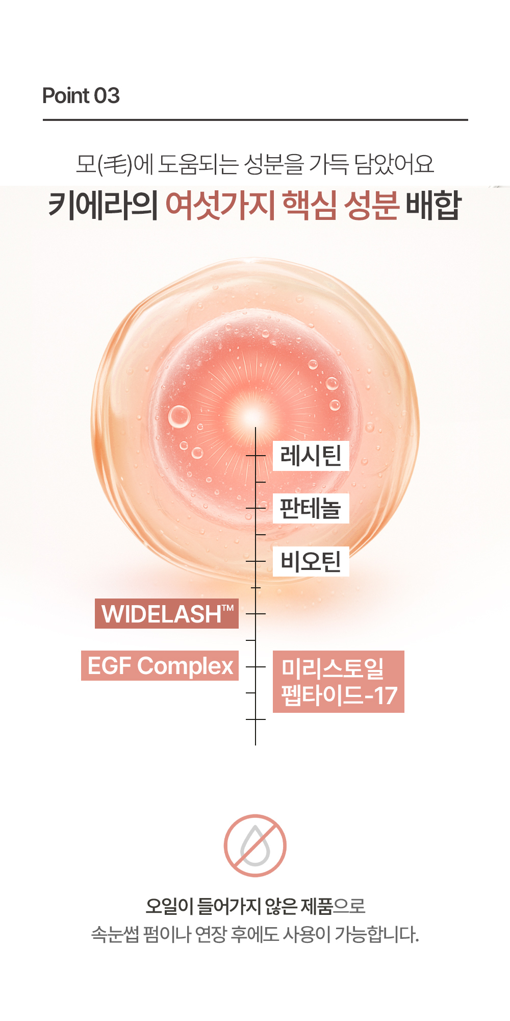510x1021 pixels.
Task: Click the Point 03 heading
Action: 81,95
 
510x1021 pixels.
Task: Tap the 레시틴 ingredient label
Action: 311,456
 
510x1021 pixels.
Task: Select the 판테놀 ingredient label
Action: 311,508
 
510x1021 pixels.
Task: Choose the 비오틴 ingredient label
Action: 311,561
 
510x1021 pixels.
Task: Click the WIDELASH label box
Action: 166,613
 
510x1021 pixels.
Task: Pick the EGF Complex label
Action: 160,665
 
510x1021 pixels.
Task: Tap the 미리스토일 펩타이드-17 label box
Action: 338,681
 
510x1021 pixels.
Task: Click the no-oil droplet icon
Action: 255,845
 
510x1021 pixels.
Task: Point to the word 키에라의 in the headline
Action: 103,205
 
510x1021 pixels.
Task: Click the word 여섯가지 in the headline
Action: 220,205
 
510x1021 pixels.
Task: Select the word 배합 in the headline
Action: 433,205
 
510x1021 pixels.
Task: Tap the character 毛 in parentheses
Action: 115,164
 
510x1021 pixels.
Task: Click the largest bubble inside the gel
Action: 179,416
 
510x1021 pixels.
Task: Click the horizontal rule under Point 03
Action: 255,120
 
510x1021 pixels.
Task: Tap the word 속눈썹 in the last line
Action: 114,934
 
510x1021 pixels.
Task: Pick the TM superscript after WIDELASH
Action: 227,607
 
